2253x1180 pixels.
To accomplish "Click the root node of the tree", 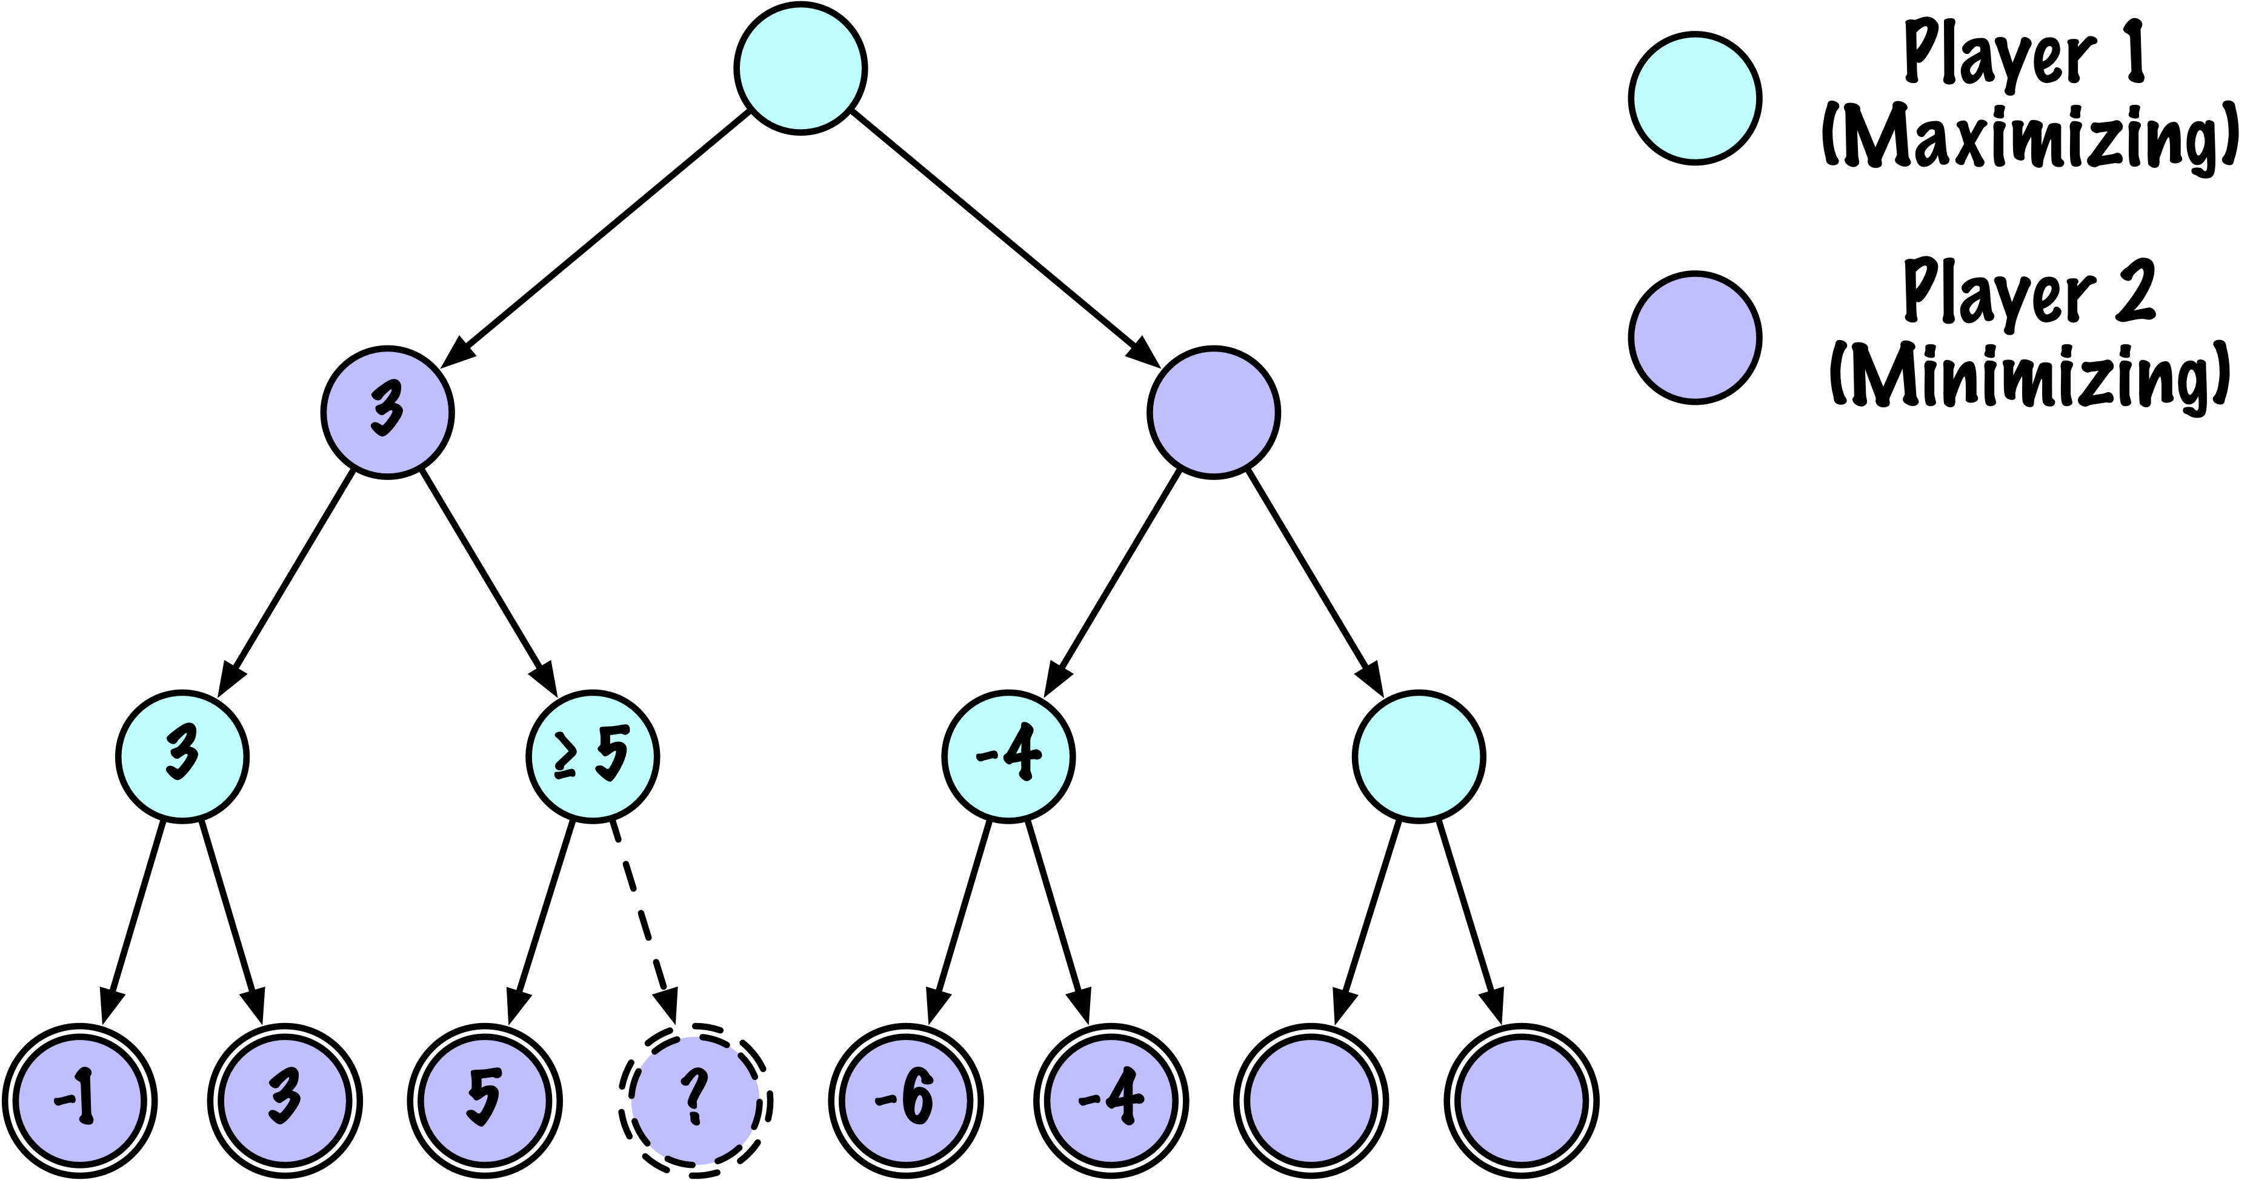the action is pyautogui.click(x=800, y=68).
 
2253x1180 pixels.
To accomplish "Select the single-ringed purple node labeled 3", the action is pyautogui.click(x=387, y=412).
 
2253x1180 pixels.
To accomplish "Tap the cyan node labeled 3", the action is pyautogui.click(x=183, y=756).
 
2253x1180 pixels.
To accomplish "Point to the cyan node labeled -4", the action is pyautogui.click(x=1008, y=756).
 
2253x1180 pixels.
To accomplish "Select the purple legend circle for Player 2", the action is pyautogui.click(x=1695, y=338).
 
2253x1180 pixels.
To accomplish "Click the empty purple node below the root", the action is pyautogui.click(x=1213, y=412).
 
